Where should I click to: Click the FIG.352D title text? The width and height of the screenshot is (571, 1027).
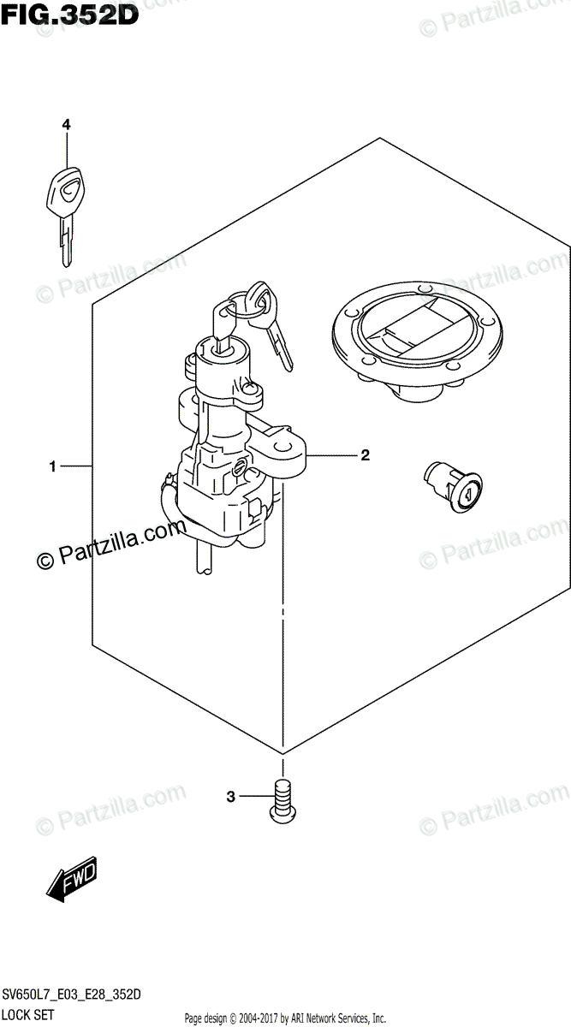tap(70, 17)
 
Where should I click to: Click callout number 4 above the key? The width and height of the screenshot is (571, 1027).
tap(66, 125)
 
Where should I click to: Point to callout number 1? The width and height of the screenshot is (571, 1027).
tap(53, 466)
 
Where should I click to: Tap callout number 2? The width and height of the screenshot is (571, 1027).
tap(365, 454)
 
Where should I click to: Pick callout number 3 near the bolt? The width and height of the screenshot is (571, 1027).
tap(230, 798)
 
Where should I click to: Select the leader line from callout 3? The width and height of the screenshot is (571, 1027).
tap(255, 798)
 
